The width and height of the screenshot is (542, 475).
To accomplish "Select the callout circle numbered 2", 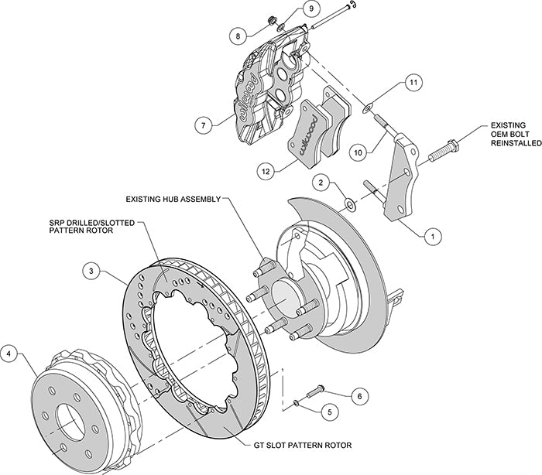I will [x=319, y=183].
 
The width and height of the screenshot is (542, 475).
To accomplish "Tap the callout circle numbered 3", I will [x=92, y=271].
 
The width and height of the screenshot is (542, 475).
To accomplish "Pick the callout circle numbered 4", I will [x=9, y=355].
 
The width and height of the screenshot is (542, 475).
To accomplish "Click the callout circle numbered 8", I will [x=238, y=35].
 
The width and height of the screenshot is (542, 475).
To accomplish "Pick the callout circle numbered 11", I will [x=413, y=82].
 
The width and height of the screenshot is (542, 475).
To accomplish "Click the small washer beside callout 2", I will [x=349, y=204].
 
